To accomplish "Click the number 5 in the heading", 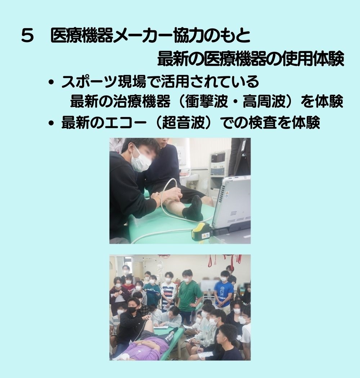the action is pyautogui.click(x=27, y=36).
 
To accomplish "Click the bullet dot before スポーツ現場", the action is pyautogui.click(x=51, y=82).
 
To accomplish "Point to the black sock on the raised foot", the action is pyautogui.click(x=193, y=208).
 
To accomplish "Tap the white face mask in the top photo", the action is pyautogui.click(x=140, y=160).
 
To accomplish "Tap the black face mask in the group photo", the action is pyautogui.click(x=132, y=310).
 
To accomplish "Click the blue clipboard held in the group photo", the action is pyautogui.click(x=152, y=292).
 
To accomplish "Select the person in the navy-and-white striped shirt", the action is pyautogui.click(x=168, y=293).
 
